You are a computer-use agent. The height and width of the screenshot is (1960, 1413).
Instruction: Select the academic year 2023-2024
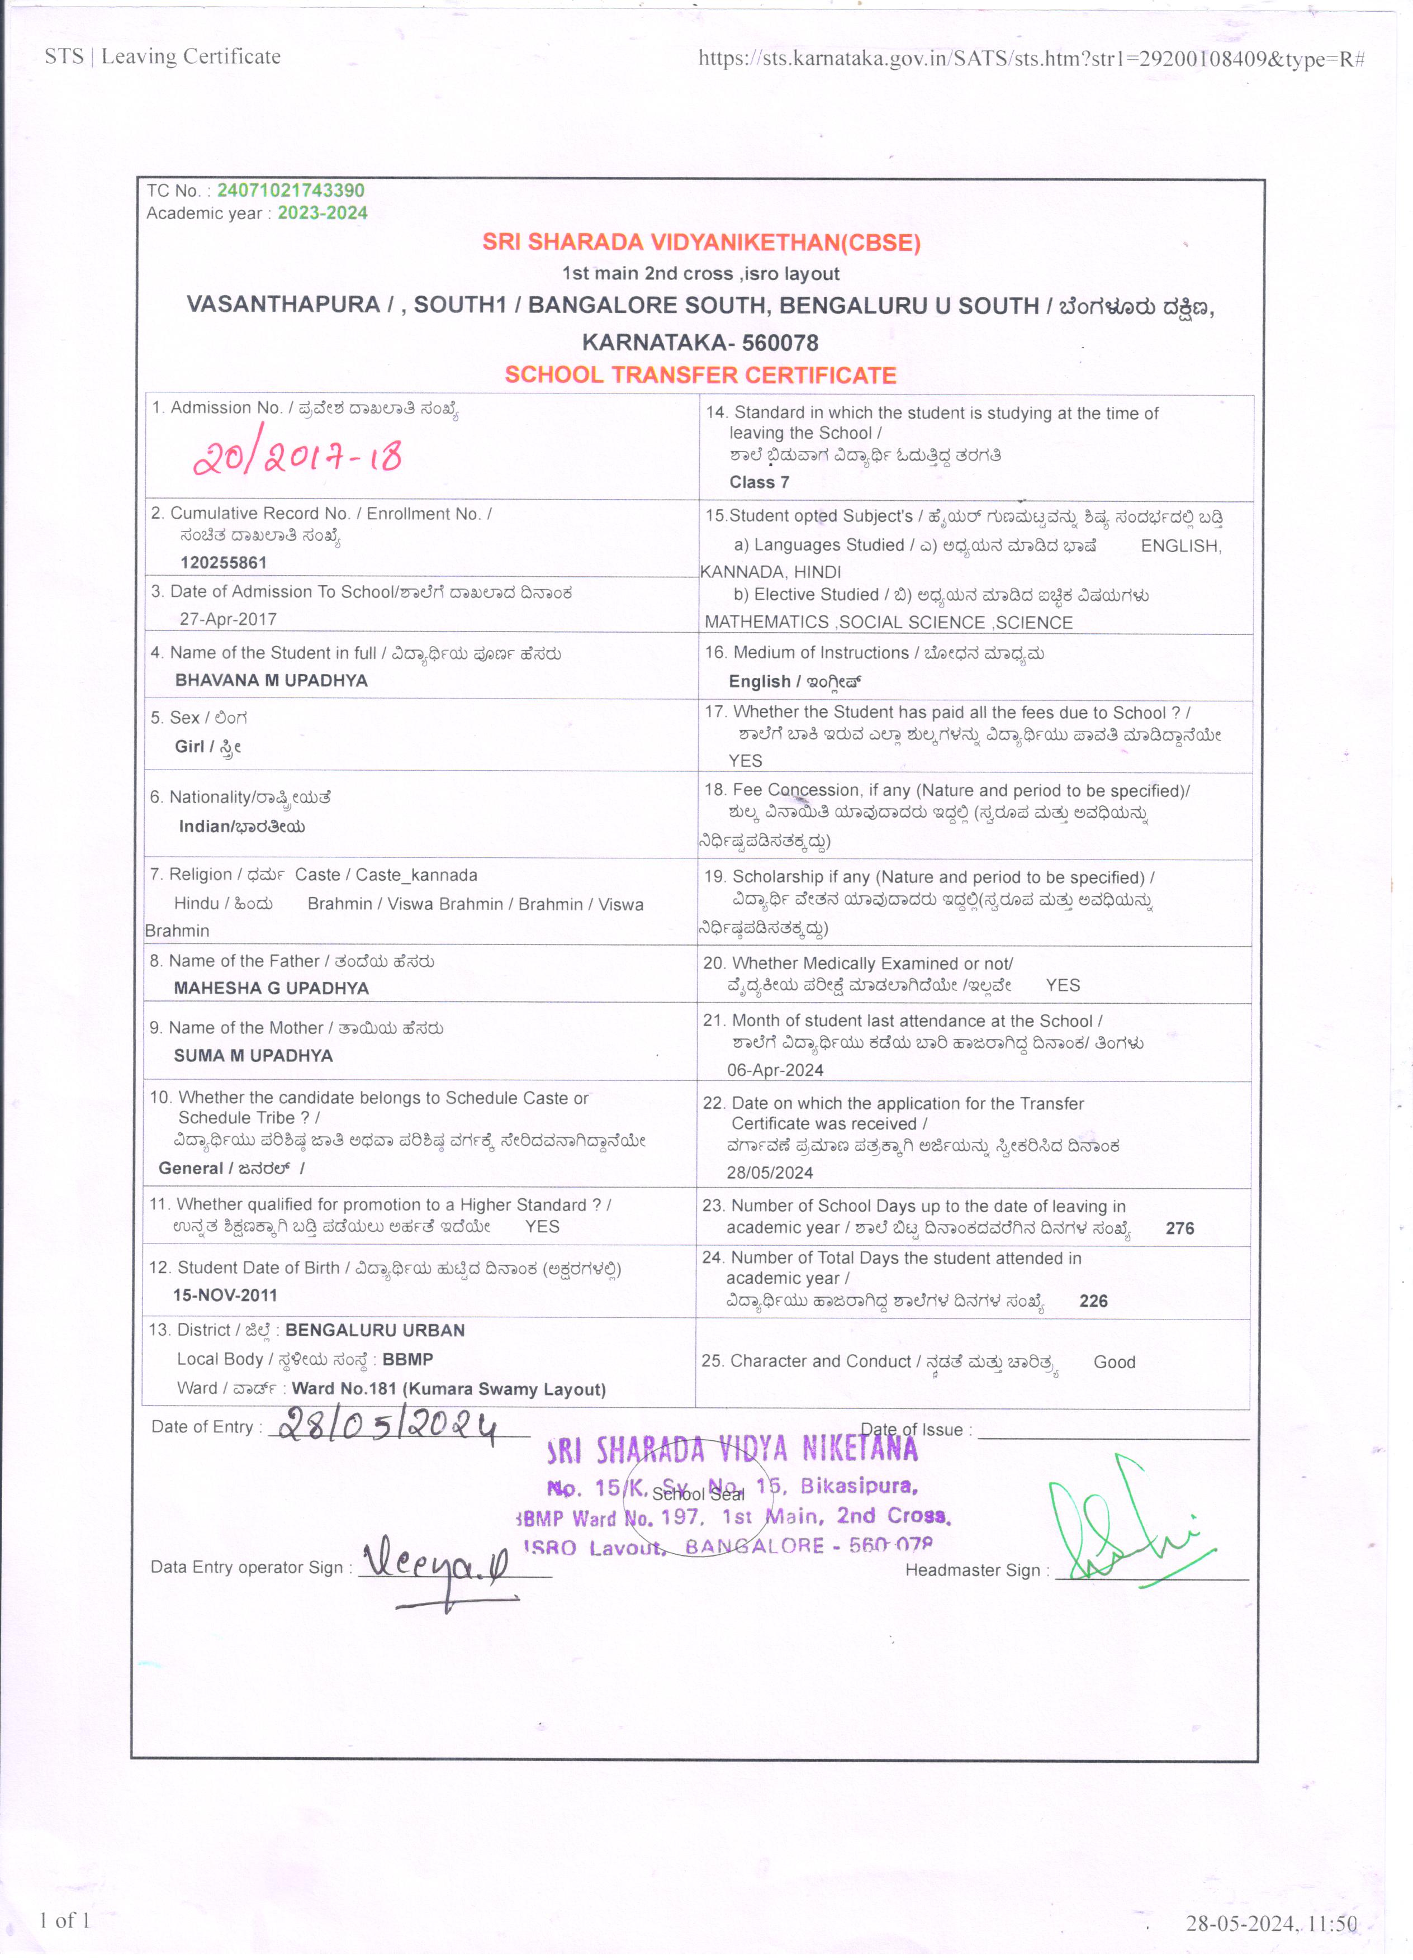click(x=323, y=212)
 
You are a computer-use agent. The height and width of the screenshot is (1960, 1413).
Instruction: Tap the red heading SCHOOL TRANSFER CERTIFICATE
click(x=701, y=375)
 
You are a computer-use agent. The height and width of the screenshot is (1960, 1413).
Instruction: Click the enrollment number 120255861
click(x=224, y=563)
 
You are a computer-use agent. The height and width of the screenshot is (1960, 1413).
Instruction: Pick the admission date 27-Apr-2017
click(x=228, y=619)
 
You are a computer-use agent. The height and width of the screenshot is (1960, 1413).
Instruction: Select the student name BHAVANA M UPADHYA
click(x=271, y=680)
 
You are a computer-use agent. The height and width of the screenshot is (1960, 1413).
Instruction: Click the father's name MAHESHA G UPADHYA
click(x=271, y=988)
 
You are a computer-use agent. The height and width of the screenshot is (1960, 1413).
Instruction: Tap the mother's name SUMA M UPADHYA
click(x=253, y=1055)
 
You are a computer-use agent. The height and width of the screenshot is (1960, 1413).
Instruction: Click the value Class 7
click(x=759, y=482)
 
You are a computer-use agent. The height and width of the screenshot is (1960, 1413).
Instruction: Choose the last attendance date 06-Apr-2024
click(x=775, y=1070)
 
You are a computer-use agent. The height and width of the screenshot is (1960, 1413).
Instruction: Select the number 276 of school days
click(x=1180, y=1228)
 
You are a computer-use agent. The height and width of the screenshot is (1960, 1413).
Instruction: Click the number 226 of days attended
click(x=1093, y=1301)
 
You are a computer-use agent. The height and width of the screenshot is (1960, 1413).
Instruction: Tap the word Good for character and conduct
click(x=1114, y=1362)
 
